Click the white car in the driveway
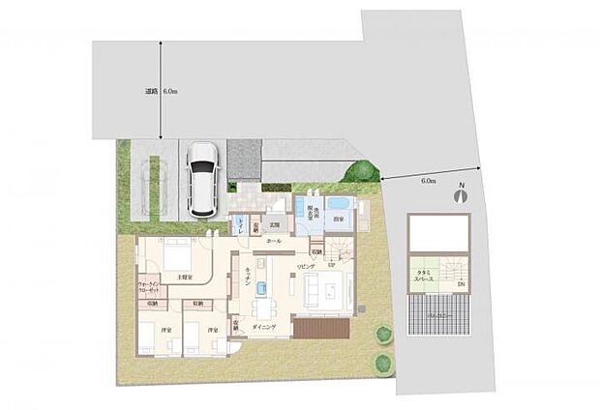pos(205,179)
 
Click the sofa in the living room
pos(322,288)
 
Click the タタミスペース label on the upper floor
pos(425,278)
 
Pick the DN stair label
pos(461,284)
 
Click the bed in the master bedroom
pos(176,256)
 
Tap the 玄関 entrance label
pos(273,226)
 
